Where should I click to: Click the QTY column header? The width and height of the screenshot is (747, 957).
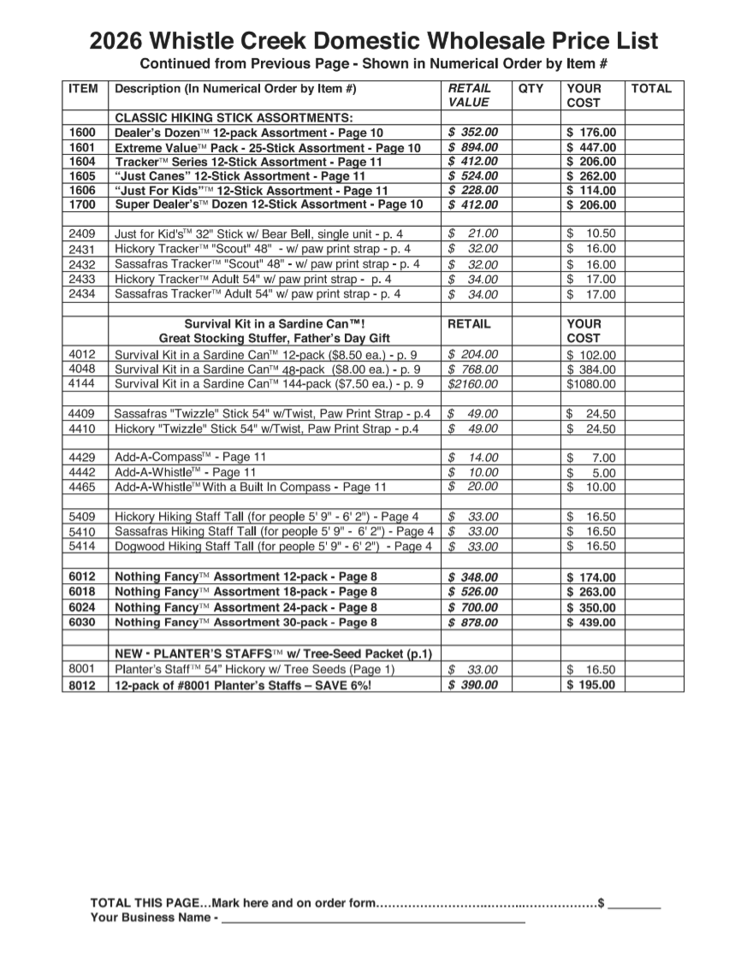pyautogui.click(x=531, y=88)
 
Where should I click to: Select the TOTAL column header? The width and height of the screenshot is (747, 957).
pyautogui.click(x=651, y=88)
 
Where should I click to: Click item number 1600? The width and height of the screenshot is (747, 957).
pyautogui.click(x=83, y=133)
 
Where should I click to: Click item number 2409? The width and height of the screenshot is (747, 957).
pyautogui.click(x=83, y=233)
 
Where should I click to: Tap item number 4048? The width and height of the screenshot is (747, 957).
pyautogui.click(x=83, y=369)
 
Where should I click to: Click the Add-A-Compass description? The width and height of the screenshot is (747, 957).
pyautogui.click(x=191, y=458)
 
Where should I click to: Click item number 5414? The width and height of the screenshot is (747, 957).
pyautogui.click(x=83, y=546)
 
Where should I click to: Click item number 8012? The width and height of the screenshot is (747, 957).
pyautogui.click(x=83, y=685)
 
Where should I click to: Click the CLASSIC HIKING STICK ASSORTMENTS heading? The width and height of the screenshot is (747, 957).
pyautogui.click(x=234, y=117)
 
